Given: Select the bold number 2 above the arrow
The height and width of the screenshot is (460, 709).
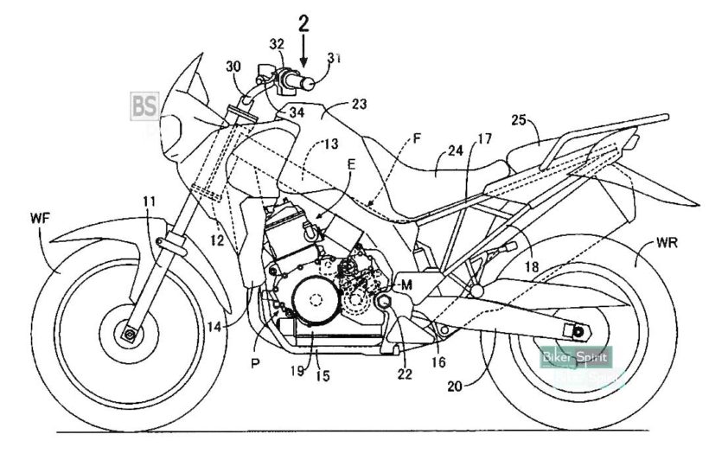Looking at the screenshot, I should click(x=303, y=22).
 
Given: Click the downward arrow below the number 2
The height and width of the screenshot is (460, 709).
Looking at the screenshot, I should click(x=303, y=54).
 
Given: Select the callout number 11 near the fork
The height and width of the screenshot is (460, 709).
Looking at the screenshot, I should click(x=150, y=202).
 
